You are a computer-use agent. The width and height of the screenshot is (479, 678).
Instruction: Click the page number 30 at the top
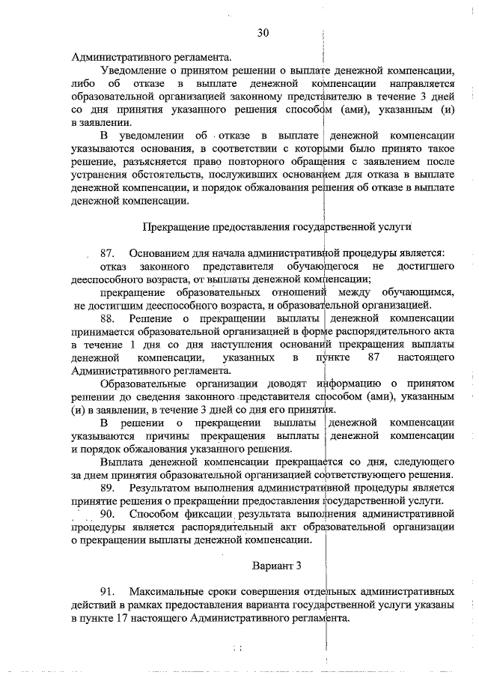click(x=263, y=32)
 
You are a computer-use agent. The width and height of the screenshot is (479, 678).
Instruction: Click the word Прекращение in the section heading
click(x=174, y=227)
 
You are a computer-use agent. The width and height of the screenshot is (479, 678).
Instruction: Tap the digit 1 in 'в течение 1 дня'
click(x=133, y=344)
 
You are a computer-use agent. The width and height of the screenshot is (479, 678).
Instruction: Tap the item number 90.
click(x=106, y=514)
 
